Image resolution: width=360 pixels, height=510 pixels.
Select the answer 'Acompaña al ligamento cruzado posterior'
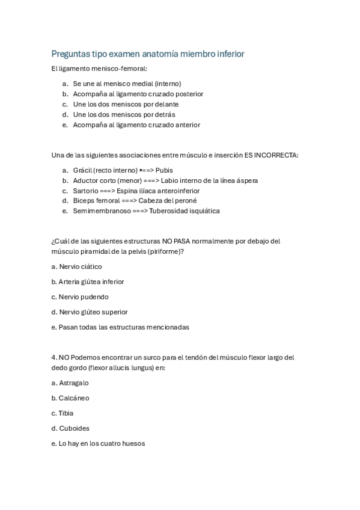[x=138, y=94]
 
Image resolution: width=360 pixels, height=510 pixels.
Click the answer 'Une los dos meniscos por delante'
[x=126, y=104]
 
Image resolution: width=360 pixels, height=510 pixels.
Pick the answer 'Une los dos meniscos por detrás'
[x=124, y=114]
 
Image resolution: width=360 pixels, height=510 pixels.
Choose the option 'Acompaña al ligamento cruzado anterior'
[x=136, y=124]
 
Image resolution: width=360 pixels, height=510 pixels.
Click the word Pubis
[x=164, y=170]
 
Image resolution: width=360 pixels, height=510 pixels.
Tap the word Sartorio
[x=86, y=191]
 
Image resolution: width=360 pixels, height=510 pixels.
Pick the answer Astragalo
[x=73, y=382]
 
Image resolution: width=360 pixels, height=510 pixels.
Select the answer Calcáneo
[x=74, y=398]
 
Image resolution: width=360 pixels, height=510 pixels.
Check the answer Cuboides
[x=74, y=428]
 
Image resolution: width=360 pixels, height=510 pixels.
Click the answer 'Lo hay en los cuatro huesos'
[x=102, y=444]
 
